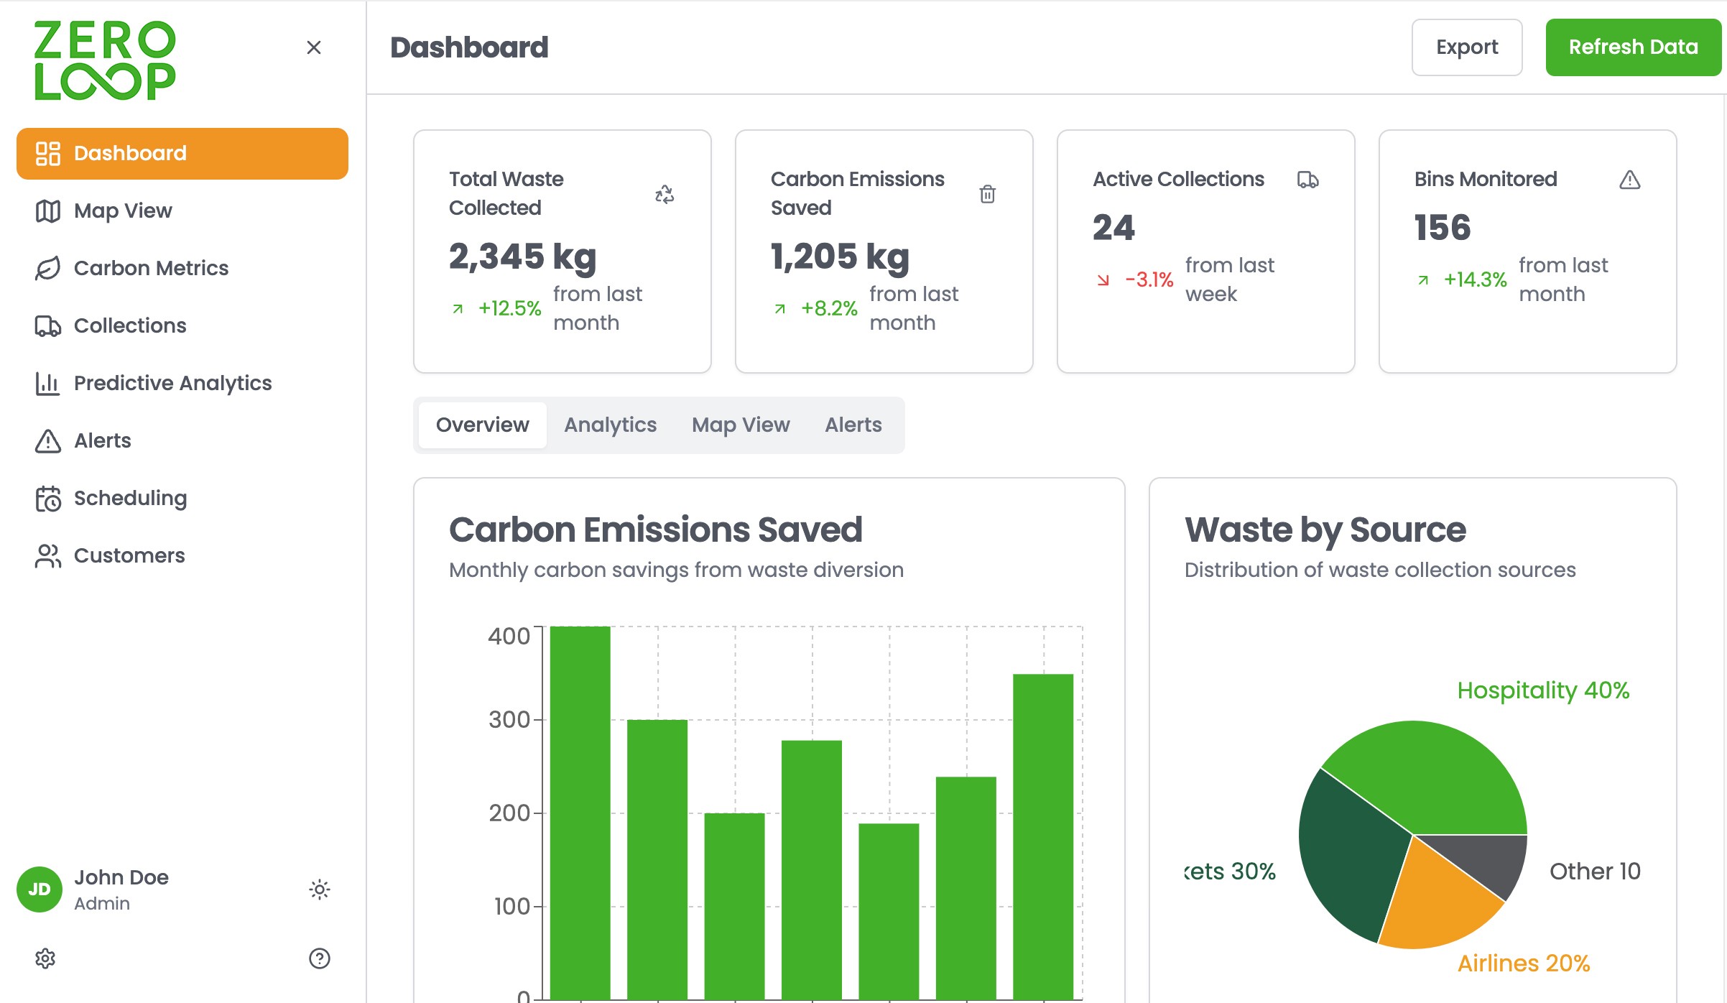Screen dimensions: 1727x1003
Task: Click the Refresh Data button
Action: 1633,47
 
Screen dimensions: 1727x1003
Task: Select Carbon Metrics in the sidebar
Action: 131,268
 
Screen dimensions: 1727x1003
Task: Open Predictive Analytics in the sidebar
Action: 153,383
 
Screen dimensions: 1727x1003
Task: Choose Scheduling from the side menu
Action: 111,498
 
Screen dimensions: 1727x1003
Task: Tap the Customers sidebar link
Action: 110,555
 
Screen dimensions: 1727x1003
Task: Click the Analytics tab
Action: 610,425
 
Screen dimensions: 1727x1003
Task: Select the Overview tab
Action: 482,425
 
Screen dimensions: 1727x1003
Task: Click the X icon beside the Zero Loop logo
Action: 314,47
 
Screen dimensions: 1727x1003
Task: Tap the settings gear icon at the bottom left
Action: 45,958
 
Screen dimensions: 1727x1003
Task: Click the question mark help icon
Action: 320,958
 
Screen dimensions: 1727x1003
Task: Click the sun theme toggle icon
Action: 320,889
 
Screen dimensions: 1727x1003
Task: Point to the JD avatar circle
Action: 40,889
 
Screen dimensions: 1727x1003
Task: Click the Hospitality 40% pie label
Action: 1543,690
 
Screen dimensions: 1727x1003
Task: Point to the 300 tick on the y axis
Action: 509,719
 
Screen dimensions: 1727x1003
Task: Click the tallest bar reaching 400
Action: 580,813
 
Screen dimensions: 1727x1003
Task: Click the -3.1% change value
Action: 1149,279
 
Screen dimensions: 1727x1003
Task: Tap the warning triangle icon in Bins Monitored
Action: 1630,180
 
